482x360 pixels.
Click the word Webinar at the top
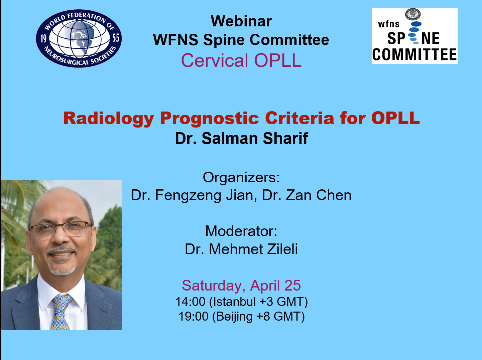241,21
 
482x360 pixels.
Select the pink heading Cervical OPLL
241,60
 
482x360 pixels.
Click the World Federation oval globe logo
79,38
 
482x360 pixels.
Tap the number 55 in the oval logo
116,38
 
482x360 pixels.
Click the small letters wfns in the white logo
388,24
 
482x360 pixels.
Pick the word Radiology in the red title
109,119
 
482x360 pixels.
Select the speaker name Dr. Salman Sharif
241,139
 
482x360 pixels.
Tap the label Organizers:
241,177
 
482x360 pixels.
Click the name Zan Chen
319,195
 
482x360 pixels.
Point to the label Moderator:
241,231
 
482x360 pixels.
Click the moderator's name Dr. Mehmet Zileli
241,249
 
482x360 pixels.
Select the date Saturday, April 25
241,286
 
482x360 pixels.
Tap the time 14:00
190,302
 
